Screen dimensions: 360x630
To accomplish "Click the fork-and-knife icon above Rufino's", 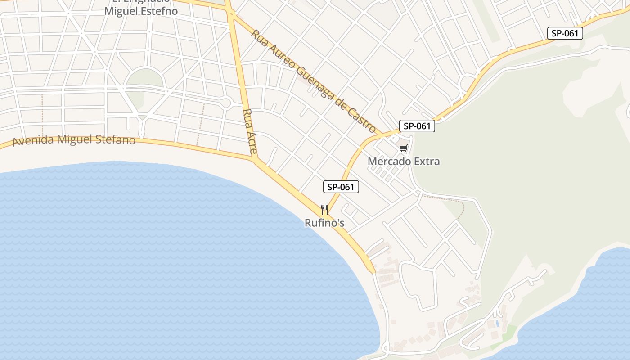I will point(324,209).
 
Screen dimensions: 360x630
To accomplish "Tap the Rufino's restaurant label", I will point(324,223).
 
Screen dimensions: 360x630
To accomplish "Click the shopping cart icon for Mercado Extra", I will point(404,148).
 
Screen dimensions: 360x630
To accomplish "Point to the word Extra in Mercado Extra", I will point(427,161).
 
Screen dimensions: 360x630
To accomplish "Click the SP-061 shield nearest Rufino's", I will point(341,187).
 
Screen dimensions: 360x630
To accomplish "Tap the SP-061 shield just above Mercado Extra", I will point(417,126).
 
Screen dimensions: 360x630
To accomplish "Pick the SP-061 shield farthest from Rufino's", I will point(565,33).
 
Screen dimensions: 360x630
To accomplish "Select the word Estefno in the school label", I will point(160,11).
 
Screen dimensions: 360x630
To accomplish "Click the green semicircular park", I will point(144,79).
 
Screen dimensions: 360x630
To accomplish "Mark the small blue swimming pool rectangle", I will point(497,323).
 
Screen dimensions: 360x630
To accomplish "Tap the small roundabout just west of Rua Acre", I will point(226,103).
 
